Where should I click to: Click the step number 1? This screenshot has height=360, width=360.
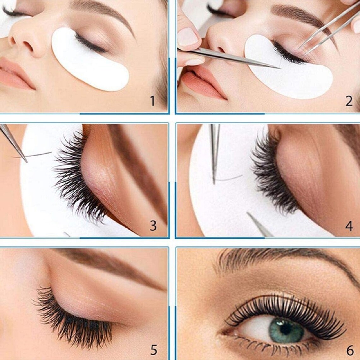pyautogui.click(x=153, y=101)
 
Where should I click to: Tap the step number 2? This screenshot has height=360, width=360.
pyautogui.click(x=349, y=101)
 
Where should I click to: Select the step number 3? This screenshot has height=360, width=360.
pyautogui.click(x=153, y=226)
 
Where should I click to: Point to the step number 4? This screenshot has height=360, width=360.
pyautogui.click(x=349, y=226)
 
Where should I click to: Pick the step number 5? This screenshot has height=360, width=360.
pyautogui.click(x=153, y=350)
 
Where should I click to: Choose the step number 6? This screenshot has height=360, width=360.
pyautogui.click(x=350, y=350)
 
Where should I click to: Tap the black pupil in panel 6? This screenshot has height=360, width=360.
pyautogui.click(x=286, y=329)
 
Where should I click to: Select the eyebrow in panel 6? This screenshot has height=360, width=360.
pyautogui.click(x=284, y=257)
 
